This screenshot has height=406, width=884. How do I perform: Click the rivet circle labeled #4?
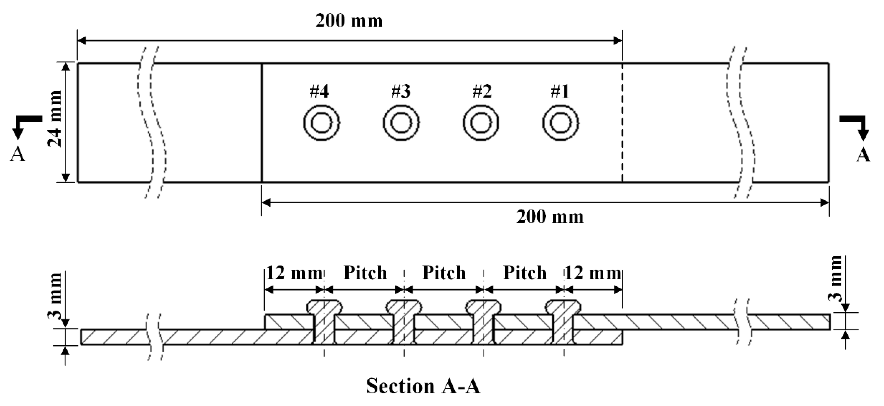(x=321, y=123)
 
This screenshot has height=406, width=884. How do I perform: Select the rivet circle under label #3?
(x=401, y=123)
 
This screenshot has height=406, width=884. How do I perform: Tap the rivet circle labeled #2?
(x=481, y=123)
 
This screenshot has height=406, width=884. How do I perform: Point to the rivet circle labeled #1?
(x=560, y=123)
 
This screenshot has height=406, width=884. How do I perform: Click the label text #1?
(x=560, y=92)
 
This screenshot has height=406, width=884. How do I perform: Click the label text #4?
(x=319, y=92)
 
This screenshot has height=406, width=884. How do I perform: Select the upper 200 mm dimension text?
(x=349, y=21)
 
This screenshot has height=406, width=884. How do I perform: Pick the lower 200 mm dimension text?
(x=550, y=217)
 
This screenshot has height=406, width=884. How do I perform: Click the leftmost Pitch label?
(x=365, y=273)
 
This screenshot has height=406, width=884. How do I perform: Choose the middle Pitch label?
(x=444, y=273)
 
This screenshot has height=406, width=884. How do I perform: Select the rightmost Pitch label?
(x=525, y=273)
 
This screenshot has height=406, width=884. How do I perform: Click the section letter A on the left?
(x=18, y=154)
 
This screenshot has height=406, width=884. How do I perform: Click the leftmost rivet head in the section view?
(x=324, y=307)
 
